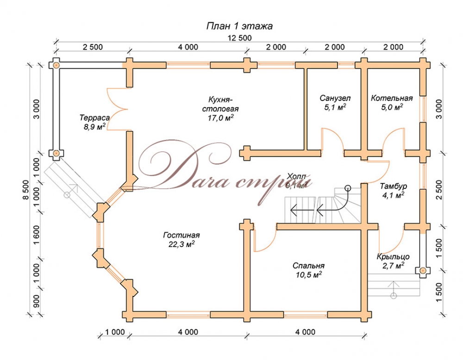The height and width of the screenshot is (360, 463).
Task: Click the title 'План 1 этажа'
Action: tap(239, 26)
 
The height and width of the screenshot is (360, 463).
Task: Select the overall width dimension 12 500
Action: tap(239, 38)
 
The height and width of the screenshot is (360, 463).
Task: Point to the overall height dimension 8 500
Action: tap(26, 189)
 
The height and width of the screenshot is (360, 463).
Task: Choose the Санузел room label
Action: tap(335, 98)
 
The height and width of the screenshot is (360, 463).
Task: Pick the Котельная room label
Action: tap(392, 98)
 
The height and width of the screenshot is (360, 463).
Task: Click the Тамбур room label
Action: tap(394, 186)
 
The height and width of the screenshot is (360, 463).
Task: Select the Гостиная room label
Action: tap(178, 235)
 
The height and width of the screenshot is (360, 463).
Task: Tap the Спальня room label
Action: tap(308, 266)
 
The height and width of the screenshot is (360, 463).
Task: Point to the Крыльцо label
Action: tap(393, 257)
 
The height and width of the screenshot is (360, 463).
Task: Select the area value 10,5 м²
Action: tap(308, 275)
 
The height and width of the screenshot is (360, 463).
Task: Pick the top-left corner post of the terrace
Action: tap(56, 65)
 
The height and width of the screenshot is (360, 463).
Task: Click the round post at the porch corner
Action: tap(423, 270)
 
